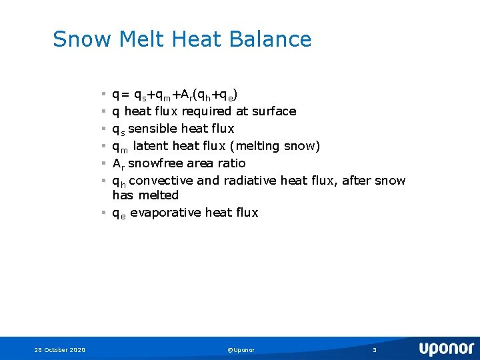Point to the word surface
(x=274, y=111)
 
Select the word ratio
(x=232, y=163)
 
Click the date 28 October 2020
(x=60, y=350)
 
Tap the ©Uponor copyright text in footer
(x=241, y=350)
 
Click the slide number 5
(x=375, y=350)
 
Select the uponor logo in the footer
(x=446, y=349)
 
